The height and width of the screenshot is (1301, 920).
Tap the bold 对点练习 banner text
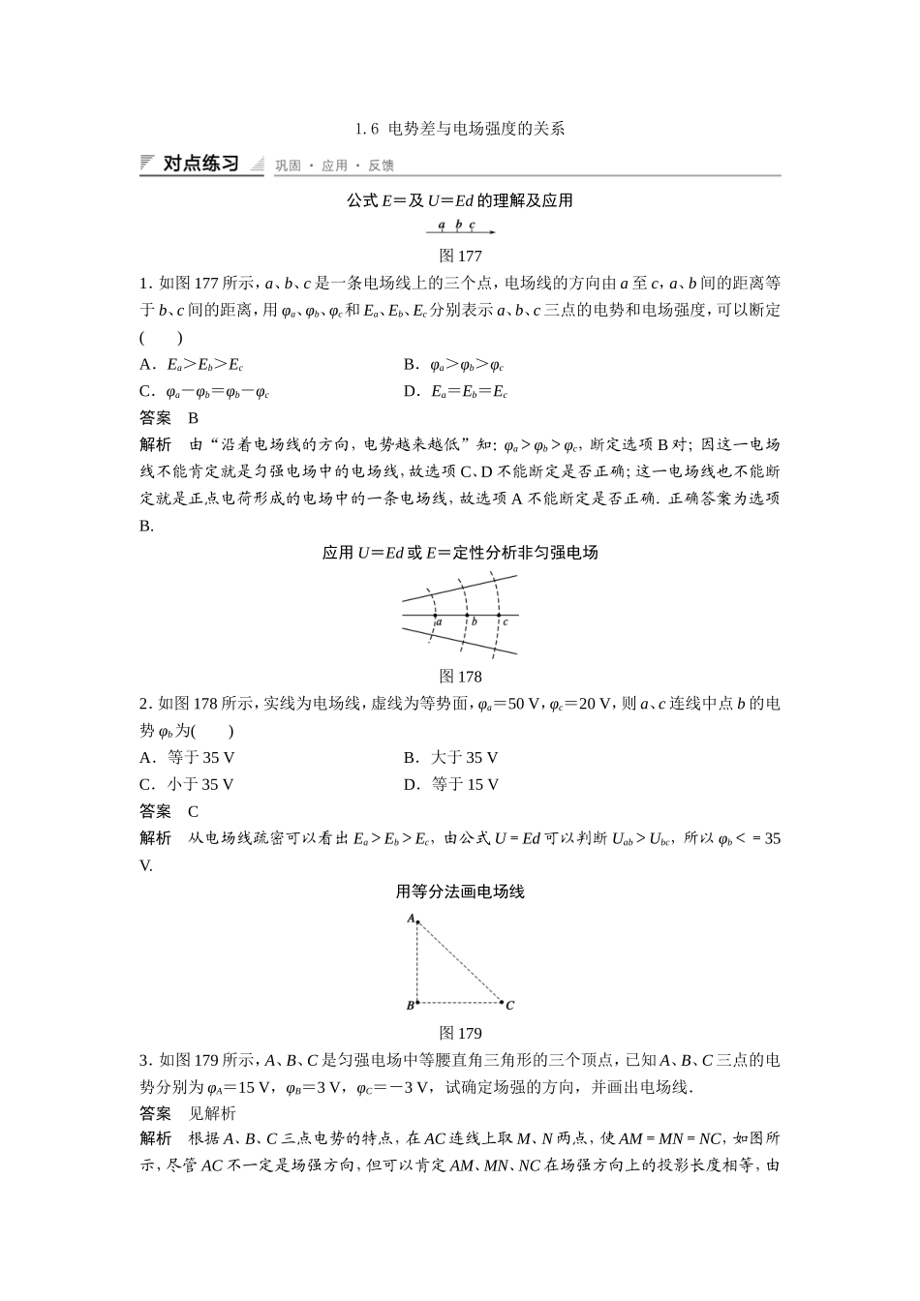point(200,164)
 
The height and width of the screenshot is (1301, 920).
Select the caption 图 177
point(460,256)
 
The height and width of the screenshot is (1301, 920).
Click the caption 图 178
point(460,676)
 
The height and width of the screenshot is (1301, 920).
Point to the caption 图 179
point(460,1033)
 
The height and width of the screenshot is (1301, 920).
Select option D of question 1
point(455,392)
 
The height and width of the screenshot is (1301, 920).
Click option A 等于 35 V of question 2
point(187,757)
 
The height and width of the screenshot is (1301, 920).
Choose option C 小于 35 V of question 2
point(187,784)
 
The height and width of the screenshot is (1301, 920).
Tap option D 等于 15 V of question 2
point(451,784)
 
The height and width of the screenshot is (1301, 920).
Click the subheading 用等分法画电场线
point(460,892)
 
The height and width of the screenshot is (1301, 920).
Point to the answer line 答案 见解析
point(188,1113)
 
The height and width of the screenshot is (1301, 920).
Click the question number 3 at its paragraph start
point(144,1060)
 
